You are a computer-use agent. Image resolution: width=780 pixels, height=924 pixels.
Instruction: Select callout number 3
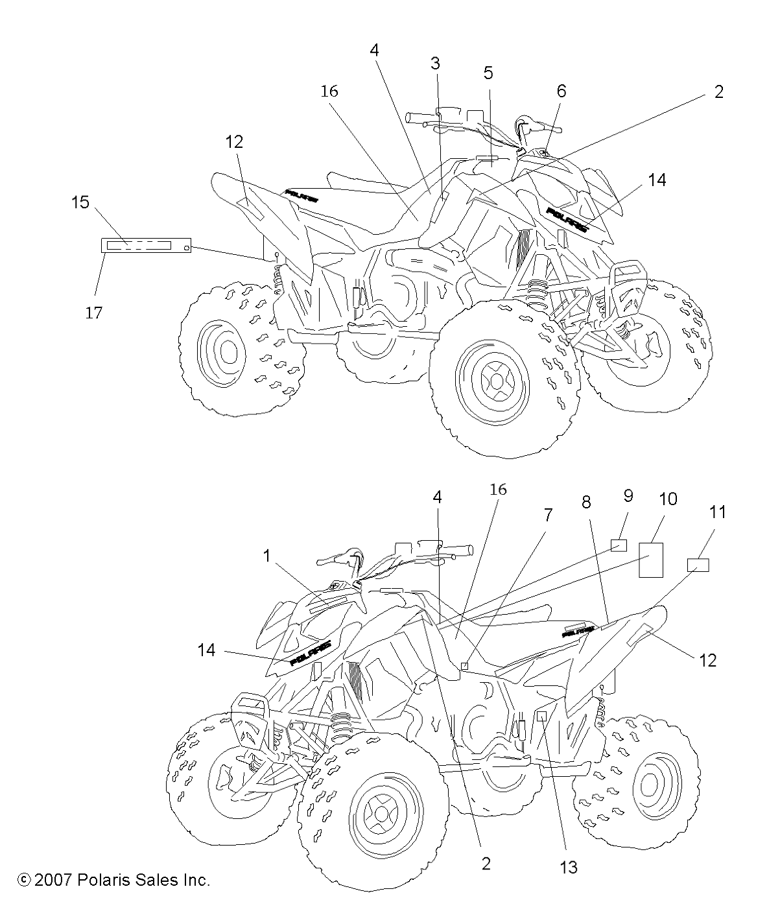coord(435,63)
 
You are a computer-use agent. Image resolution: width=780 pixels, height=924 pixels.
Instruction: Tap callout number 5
coord(488,72)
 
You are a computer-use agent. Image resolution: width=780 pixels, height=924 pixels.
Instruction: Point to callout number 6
coord(561,91)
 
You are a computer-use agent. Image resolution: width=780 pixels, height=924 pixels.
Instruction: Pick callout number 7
coord(548,515)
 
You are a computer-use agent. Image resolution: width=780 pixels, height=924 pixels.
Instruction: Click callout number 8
coord(586,501)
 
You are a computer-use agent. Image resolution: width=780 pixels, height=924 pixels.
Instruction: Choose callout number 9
coord(628,496)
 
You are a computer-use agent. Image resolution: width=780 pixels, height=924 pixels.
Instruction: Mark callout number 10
coord(668,499)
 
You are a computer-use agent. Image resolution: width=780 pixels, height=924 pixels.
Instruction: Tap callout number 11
coord(717,512)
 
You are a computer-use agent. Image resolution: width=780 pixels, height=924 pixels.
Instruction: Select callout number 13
coord(568,867)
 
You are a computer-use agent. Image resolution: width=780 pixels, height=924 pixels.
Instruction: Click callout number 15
coord(80,202)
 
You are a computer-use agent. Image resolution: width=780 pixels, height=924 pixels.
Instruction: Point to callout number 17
coord(94,313)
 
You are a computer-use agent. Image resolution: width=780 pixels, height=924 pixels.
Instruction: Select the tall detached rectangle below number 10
coord(651,559)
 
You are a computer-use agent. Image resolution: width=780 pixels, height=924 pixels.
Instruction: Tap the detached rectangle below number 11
coord(698,565)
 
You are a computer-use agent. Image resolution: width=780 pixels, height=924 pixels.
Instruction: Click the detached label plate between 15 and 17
coord(146,245)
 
